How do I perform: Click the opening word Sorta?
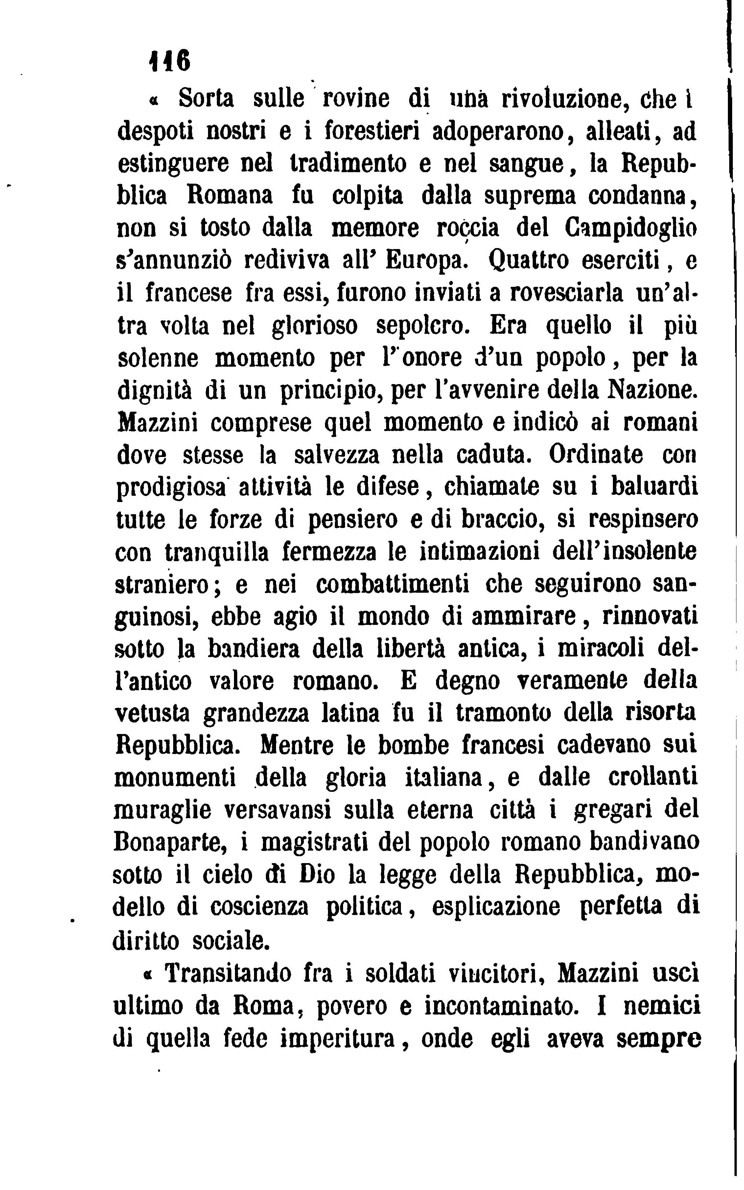pos(206,98)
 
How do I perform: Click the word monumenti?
pos(175,779)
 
